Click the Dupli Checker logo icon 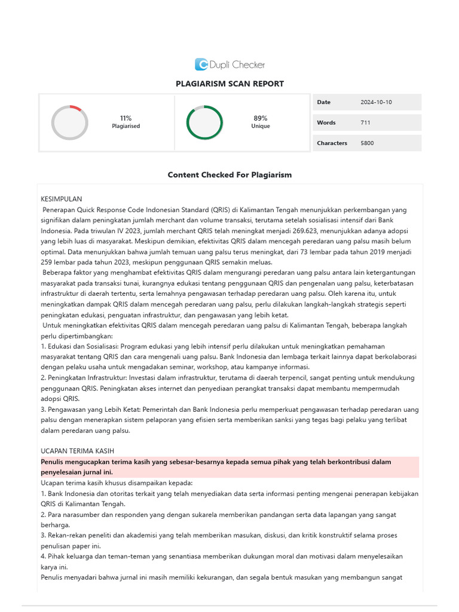pyautogui.click(x=201, y=65)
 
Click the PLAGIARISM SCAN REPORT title pyautogui.click(x=229, y=84)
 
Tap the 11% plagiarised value pyautogui.click(x=126, y=118)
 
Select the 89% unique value pyautogui.click(x=261, y=118)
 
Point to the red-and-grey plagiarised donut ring pyautogui.click(x=70, y=123)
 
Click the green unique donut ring pyautogui.click(x=204, y=123)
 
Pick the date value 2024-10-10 pyautogui.click(x=376, y=102)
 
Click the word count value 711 pyautogui.click(x=365, y=123)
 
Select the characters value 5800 pyautogui.click(x=367, y=143)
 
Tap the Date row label pyautogui.click(x=323, y=102)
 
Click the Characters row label pyautogui.click(x=332, y=143)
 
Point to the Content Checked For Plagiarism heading pyautogui.click(x=229, y=175)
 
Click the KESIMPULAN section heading pyautogui.click(x=61, y=198)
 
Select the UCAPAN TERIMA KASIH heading pyautogui.click(x=77, y=451)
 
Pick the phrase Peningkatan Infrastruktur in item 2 pyautogui.click(x=87, y=378)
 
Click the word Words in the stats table pyautogui.click(x=326, y=123)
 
